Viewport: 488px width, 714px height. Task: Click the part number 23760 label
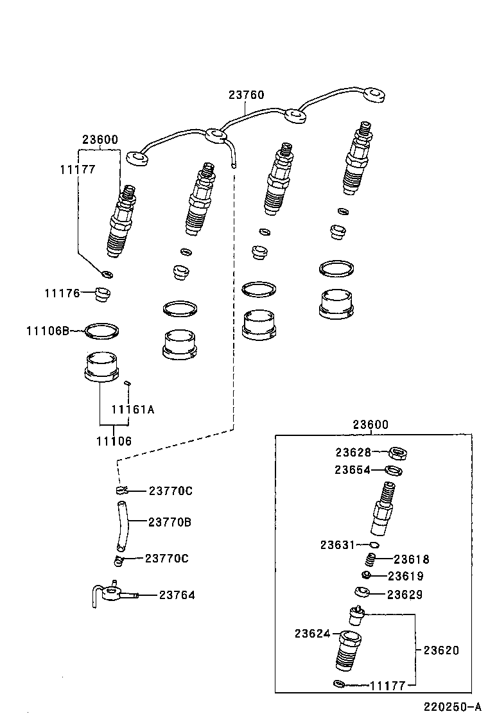click(x=246, y=95)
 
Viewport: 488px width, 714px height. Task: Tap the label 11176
click(x=62, y=293)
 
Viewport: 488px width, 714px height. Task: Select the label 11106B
click(x=47, y=331)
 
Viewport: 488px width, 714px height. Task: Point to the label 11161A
click(x=133, y=409)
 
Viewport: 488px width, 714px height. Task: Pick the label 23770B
click(x=170, y=522)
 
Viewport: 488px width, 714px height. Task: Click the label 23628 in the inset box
click(x=353, y=452)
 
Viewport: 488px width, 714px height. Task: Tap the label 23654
click(x=353, y=469)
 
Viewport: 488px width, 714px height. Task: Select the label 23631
click(x=338, y=544)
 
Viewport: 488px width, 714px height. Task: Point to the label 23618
click(x=411, y=559)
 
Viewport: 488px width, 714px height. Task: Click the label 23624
click(x=312, y=634)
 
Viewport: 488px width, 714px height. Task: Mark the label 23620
click(x=441, y=650)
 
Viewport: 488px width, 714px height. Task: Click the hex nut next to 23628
click(x=401, y=454)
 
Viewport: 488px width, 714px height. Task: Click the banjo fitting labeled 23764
click(x=115, y=593)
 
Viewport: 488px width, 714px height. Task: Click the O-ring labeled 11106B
click(x=102, y=331)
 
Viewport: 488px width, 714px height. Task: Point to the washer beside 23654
click(x=394, y=471)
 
